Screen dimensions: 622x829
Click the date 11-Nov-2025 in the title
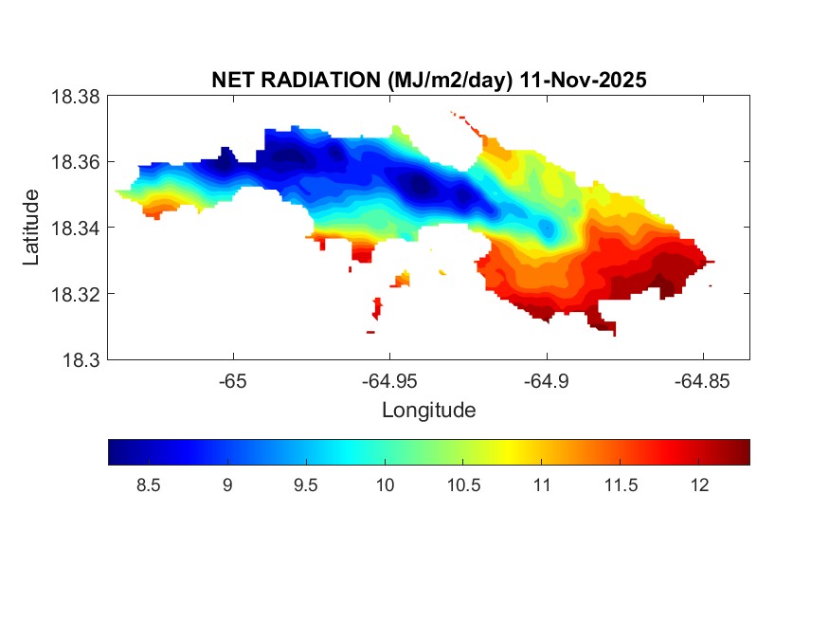click(581, 81)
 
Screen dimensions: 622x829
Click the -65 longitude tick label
click(233, 381)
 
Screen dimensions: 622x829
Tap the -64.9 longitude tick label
click(546, 381)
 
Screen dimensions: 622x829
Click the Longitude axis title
click(428, 411)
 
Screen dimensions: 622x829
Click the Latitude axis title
click(32, 228)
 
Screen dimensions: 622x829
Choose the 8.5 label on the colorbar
click(148, 485)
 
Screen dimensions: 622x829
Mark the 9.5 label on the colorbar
click(305, 485)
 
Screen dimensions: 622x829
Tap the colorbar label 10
click(384, 485)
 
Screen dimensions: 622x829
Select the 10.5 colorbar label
click(462, 485)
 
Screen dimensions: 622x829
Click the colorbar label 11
click(541, 485)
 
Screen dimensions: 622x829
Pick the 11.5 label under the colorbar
click(620, 485)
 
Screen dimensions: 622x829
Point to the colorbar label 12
click(698, 485)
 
